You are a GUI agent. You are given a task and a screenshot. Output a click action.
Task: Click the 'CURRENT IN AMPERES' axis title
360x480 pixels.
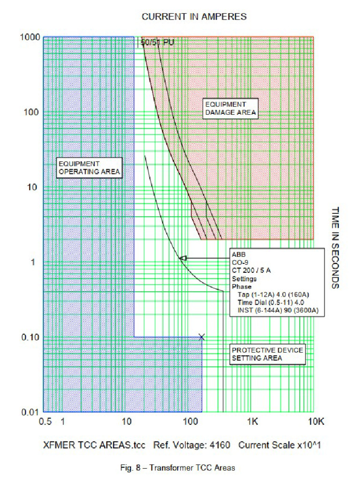click(x=194, y=17)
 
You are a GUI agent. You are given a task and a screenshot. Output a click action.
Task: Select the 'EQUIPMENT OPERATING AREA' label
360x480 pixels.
click(x=89, y=168)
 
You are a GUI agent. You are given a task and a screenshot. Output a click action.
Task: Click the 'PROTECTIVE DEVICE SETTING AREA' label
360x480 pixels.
click(x=268, y=354)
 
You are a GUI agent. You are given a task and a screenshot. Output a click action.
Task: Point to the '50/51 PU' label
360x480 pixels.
click(x=157, y=43)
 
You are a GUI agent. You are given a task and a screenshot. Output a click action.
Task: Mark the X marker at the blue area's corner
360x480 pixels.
click(x=202, y=337)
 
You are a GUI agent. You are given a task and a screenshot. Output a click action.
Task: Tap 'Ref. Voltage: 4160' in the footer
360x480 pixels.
click(x=192, y=445)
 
